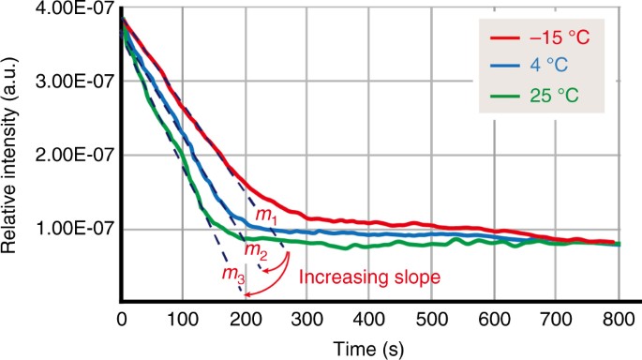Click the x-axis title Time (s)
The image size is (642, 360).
[x=369, y=348]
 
